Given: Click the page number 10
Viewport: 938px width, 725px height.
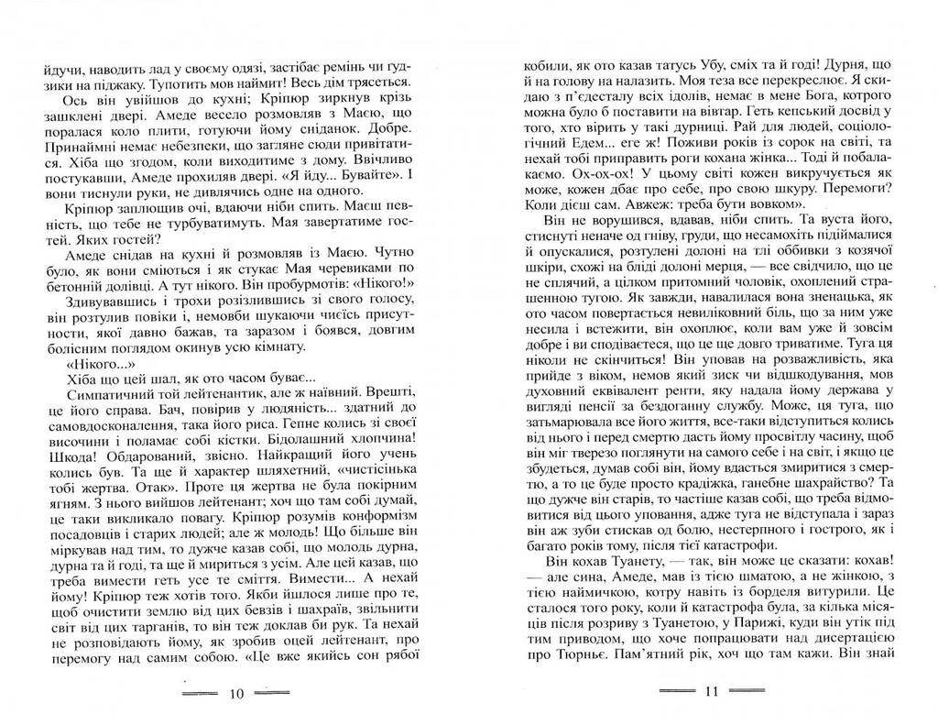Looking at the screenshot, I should [x=235, y=693].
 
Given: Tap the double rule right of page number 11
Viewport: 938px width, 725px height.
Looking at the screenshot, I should [x=747, y=693].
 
